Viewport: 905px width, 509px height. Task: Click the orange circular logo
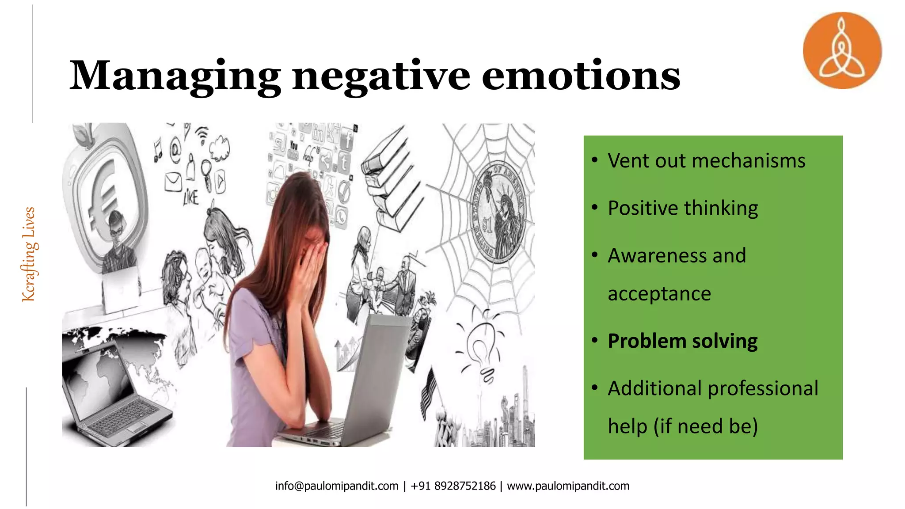coord(842,50)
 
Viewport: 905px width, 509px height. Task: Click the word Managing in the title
coord(175,76)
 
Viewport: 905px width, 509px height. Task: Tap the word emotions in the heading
coord(581,76)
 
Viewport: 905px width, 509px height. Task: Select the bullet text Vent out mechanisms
coord(706,160)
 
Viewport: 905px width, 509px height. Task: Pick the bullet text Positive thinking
coord(683,208)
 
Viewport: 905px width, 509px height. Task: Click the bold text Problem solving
coord(683,341)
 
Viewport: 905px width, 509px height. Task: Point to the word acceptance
coord(659,294)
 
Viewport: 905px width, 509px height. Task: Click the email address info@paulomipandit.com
coord(337,486)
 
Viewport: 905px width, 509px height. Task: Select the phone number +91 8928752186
coord(453,486)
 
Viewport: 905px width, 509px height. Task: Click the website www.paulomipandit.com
coord(568,486)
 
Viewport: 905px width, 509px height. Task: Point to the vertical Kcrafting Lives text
coord(29,254)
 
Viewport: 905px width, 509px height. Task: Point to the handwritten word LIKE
coord(191,198)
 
